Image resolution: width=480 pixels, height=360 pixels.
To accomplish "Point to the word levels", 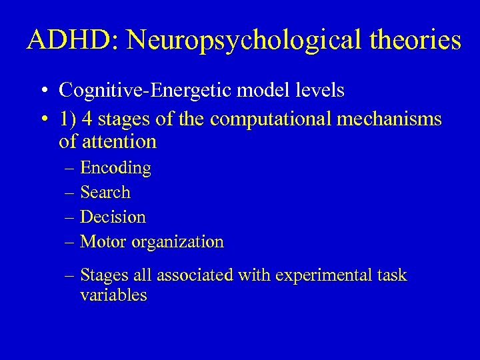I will click(321, 90).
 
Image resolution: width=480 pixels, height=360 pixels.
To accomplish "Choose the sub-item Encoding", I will click(115, 169).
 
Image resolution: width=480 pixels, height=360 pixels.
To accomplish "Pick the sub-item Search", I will click(105, 193).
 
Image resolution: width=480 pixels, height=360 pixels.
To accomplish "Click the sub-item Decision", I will click(113, 217).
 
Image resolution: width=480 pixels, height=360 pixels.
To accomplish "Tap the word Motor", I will click(103, 241).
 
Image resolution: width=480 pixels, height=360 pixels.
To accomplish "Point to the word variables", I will click(113, 295).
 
